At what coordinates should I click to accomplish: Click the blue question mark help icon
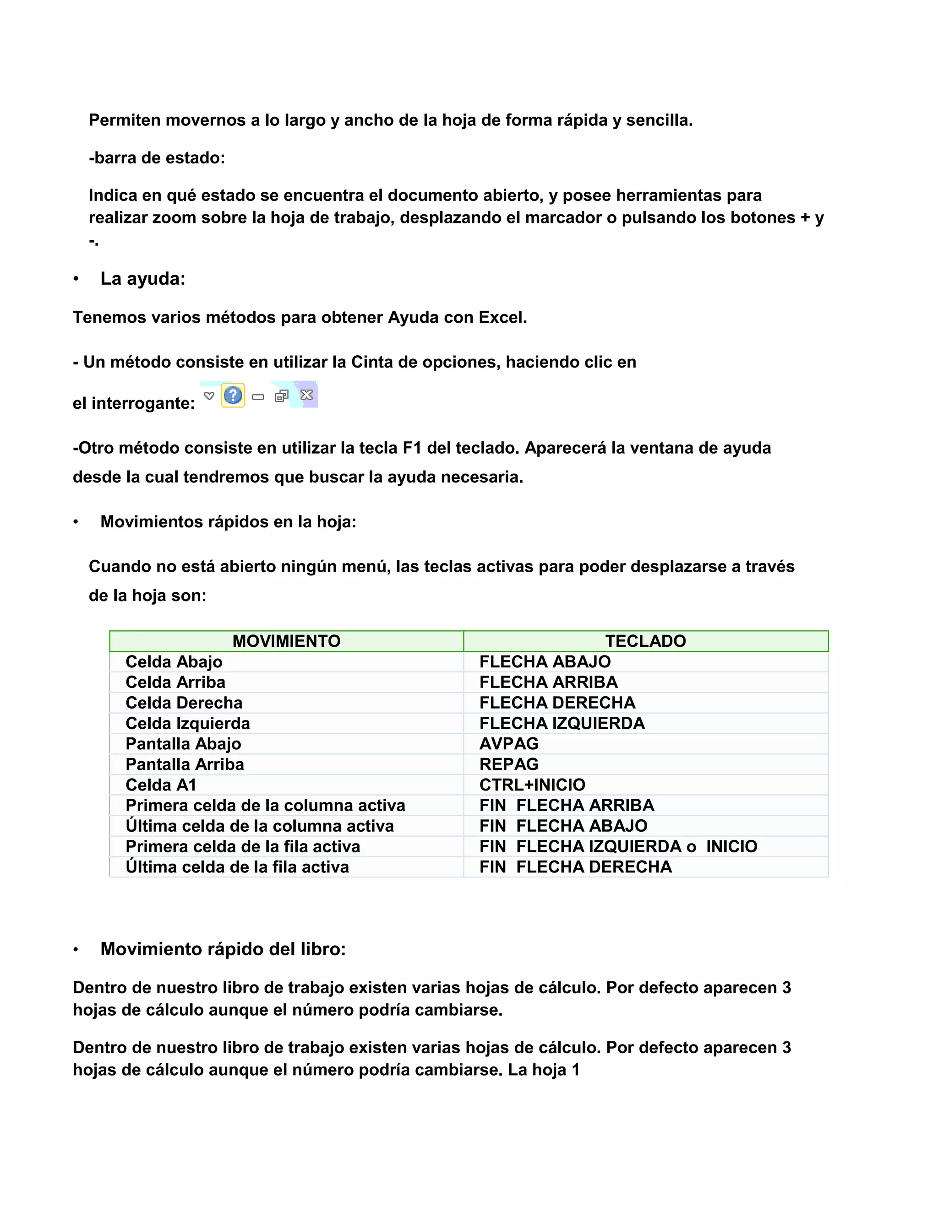point(233,395)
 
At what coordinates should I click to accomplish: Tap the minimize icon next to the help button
point(258,396)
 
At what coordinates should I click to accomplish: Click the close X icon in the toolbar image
point(306,395)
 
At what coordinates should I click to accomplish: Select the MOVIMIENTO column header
point(286,641)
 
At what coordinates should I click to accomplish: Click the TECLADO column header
point(645,641)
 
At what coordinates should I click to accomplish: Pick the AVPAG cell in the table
point(509,744)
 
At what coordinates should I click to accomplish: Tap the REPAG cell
point(509,764)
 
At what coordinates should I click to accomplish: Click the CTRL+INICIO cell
point(532,785)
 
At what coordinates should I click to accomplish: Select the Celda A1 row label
point(161,785)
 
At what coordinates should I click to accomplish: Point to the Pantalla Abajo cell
point(183,744)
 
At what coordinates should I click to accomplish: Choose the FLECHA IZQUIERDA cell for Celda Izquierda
point(562,723)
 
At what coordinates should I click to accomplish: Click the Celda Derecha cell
point(184,703)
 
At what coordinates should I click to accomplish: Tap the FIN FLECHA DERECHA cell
point(576,867)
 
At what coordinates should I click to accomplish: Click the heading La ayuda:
point(143,278)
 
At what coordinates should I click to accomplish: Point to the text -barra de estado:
point(157,158)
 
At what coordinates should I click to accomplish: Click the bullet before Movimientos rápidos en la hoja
point(76,522)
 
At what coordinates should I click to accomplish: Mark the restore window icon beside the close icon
point(282,395)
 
